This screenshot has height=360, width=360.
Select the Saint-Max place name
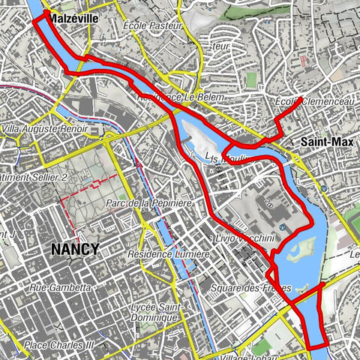tap(322, 141)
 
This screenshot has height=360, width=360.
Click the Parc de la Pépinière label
tap(150, 203)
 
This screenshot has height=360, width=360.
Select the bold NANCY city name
tap(74, 249)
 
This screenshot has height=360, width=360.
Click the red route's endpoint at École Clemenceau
tap(300, 98)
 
